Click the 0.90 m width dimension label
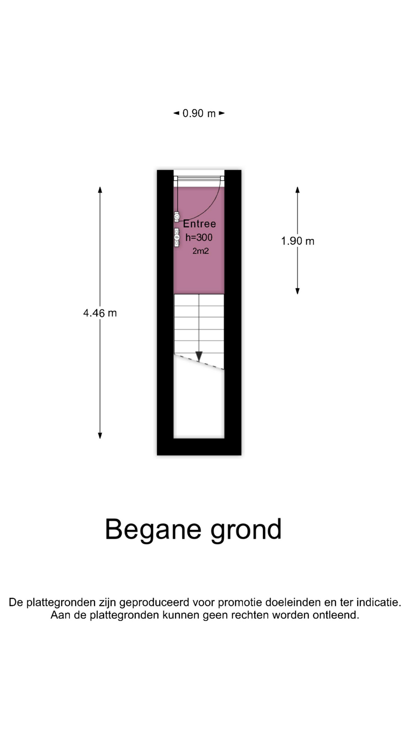click(199, 113)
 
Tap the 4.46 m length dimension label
click(100, 313)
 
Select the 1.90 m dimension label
click(298, 241)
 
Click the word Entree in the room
click(199, 224)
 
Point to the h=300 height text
click(199, 237)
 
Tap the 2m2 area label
click(200, 251)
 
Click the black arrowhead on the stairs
click(199, 356)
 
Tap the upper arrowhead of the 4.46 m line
click(100, 189)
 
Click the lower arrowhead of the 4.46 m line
click(100, 436)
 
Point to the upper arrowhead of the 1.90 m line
click(298, 189)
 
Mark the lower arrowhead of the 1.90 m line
click(298, 291)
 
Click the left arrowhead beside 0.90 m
click(176, 113)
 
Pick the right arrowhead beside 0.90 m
click(222, 113)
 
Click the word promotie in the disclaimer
click(240, 603)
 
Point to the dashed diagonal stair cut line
click(199, 361)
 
